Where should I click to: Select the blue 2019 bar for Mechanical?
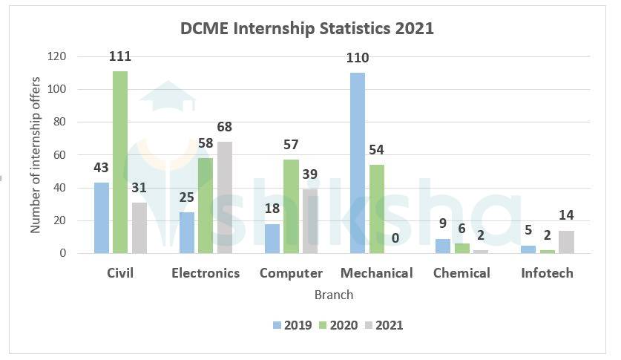point(358,163)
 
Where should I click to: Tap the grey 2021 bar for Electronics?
point(224,197)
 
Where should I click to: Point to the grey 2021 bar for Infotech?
point(566,242)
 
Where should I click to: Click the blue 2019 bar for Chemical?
point(443,246)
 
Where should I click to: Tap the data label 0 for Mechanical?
point(395,238)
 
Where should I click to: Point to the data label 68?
point(224,127)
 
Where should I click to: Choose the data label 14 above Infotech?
point(566,216)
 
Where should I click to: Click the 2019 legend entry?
point(292,324)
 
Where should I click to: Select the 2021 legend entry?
point(384,324)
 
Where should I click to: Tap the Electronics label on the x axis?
point(206,273)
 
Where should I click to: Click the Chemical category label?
point(461,273)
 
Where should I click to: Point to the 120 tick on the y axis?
point(57,56)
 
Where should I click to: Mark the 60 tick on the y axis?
point(60,155)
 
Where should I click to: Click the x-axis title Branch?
point(334,295)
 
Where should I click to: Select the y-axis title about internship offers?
point(36,155)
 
